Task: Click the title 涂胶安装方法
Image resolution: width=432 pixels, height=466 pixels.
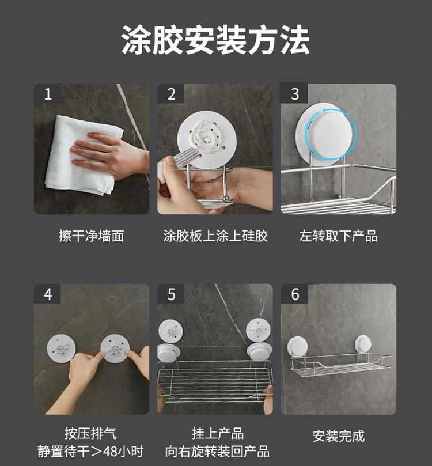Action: click(x=215, y=40)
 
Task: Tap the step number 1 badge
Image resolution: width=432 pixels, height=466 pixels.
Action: click(x=48, y=94)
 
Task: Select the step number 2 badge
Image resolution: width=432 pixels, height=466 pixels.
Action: click(x=171, y=94)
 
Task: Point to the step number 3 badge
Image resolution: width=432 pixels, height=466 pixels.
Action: click(x=294, y=94)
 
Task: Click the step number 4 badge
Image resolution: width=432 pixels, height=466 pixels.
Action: click(x=48, y=294)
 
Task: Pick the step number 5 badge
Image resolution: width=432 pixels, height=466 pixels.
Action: click(x=171, y=294)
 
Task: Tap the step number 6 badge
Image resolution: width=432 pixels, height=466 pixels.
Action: click(x=294, y=294)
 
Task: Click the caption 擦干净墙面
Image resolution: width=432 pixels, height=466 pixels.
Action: click(x=92, y=236)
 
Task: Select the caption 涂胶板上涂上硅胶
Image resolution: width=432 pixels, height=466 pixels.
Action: click(x=215, y=236)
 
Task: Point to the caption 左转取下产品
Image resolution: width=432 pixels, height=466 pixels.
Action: click(x=339, y=236)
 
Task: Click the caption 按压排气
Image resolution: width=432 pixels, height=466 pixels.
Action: click(x=90, y=433)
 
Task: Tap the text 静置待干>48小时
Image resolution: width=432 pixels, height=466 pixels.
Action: click(x=90, y=451)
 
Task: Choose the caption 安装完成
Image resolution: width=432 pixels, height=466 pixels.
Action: click(x=339, y=436)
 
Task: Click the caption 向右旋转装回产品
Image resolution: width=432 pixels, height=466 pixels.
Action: click(x=217, y=451)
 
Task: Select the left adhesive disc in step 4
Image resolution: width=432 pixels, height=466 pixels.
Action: click(x=61, y=348)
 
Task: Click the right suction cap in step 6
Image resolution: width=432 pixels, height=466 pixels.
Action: click(x=363, y=344)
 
